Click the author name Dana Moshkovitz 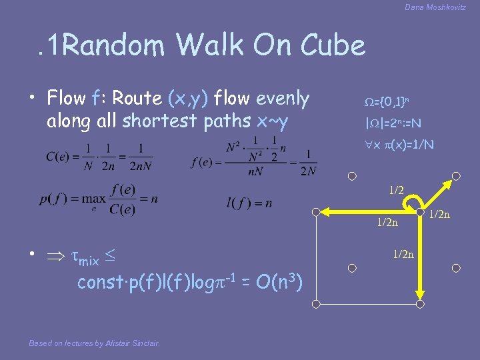point(435,7)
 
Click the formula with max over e point(98,199)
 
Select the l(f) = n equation point(249,203)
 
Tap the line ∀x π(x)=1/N point(394,145)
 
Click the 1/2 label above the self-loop point(397,190)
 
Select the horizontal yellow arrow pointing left point(367,213)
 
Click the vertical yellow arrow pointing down point(419,260)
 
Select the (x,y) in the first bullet point(192,99)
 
